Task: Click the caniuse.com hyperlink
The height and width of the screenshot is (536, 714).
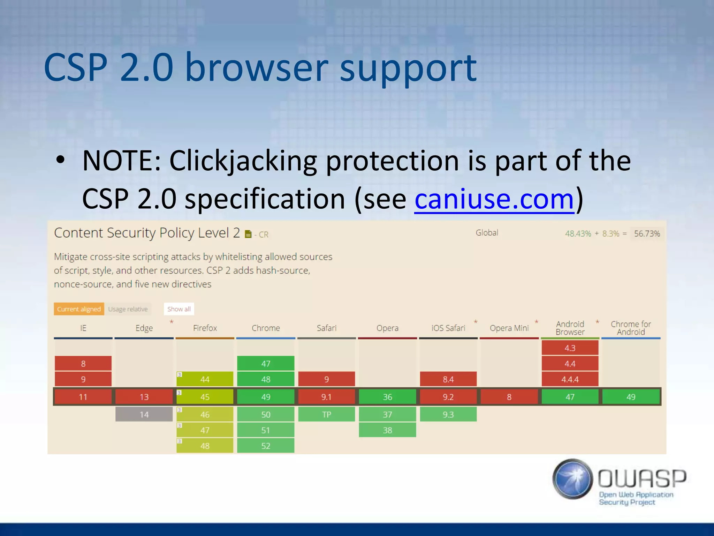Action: (494, 199)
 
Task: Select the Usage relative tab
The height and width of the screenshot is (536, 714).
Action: (128, 309)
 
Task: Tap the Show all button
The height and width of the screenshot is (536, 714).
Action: (179, 309)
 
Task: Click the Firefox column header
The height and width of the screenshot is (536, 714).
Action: (205, 328)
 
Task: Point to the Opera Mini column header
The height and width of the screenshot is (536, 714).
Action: (509, 328)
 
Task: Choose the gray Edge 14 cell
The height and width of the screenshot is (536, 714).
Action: (144, 415)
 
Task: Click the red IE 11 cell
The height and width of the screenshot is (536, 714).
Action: (83, 397)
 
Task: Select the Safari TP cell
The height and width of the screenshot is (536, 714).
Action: (326, 415)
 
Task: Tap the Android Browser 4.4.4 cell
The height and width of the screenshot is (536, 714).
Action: (570, 379)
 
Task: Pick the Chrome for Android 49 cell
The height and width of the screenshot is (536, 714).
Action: (631, 397)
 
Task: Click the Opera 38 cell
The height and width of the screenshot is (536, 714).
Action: (387, 430)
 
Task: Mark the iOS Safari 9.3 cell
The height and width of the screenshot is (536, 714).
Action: (448, 415)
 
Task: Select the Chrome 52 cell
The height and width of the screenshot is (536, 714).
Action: (266, 446)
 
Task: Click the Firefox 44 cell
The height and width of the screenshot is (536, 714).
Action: (205, 379)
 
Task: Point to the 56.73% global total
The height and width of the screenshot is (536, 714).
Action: (647, 233)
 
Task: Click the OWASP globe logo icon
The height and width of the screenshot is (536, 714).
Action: (572, 479)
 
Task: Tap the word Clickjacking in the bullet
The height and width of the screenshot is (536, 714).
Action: (243, 161)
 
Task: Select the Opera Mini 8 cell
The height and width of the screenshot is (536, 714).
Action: (509, 397)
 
